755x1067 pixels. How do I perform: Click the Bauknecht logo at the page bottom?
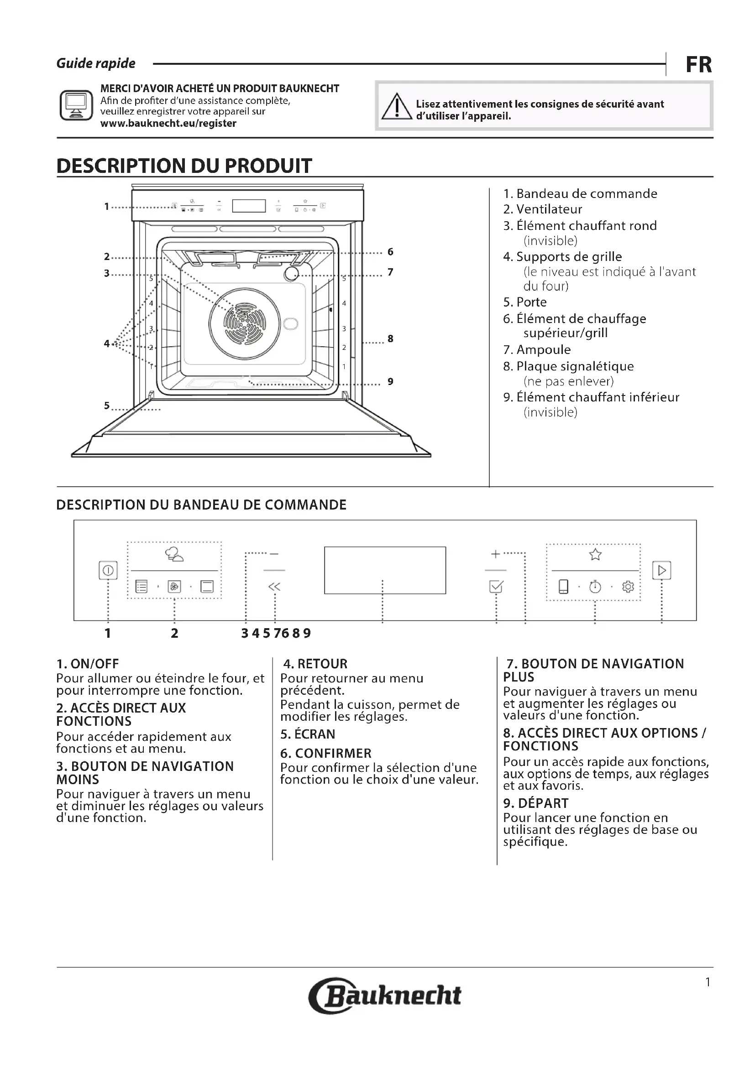385,995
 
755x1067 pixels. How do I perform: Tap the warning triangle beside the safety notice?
397,106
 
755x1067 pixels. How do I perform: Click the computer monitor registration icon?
76,105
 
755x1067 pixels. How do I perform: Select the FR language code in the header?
698,65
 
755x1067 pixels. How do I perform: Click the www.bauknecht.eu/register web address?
168,124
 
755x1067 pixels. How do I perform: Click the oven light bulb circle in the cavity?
292,274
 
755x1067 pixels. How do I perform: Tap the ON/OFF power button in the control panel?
108,570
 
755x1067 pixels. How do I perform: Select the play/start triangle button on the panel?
661,570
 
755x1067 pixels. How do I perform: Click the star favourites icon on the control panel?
595,554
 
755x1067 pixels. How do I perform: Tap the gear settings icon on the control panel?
628,587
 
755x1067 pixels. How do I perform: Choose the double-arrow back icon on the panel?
274,587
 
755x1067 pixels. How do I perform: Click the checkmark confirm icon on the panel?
496,587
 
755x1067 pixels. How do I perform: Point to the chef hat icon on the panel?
174,554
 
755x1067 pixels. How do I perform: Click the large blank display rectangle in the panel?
385,570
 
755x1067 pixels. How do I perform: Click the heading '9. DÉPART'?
535,803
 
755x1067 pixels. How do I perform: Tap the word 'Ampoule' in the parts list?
543,350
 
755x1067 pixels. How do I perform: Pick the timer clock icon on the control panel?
595,587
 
